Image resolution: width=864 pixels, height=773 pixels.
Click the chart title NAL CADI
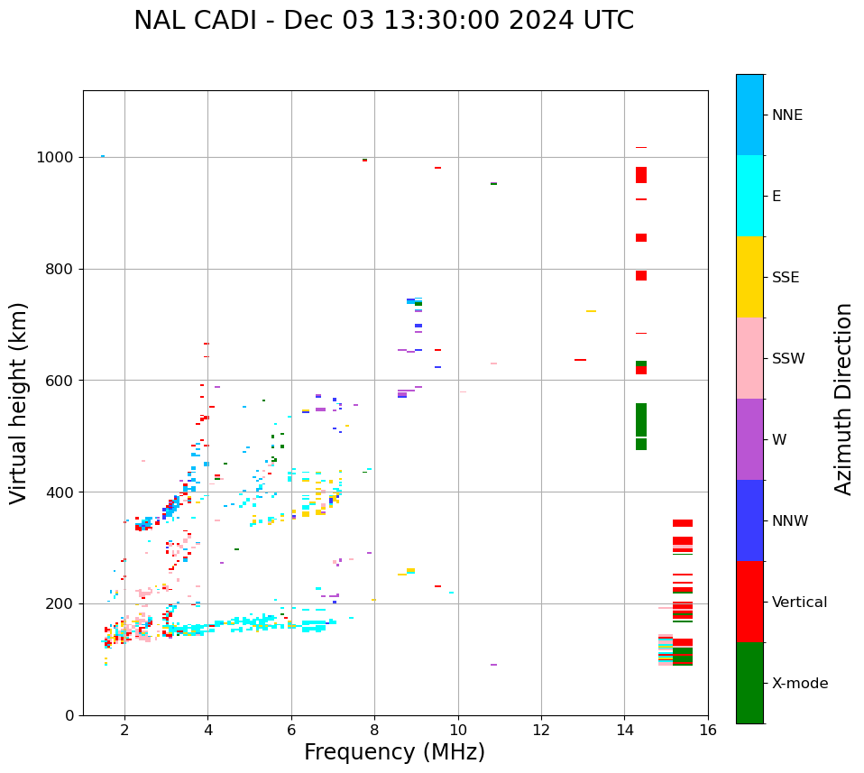383,21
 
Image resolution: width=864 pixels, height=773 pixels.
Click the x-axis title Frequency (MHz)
394,752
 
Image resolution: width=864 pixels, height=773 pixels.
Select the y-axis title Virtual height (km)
19,403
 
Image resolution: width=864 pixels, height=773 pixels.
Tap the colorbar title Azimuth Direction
843,399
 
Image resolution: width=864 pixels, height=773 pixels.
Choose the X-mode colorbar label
799,684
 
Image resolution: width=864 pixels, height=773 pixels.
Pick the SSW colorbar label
788,359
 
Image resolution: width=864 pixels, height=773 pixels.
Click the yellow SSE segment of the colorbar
749,277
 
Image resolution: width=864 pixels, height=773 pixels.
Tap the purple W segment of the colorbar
749,439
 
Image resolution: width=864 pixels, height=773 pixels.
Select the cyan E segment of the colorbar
749,196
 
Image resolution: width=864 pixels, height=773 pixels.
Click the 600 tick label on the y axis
61,381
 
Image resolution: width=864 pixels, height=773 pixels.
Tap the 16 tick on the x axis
708,730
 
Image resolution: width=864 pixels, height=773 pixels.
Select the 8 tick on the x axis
374,730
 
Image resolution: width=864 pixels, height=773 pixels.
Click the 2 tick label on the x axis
124,730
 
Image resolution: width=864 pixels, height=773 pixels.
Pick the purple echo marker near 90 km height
493,665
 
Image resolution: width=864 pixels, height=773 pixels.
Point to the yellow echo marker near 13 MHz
591,311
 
